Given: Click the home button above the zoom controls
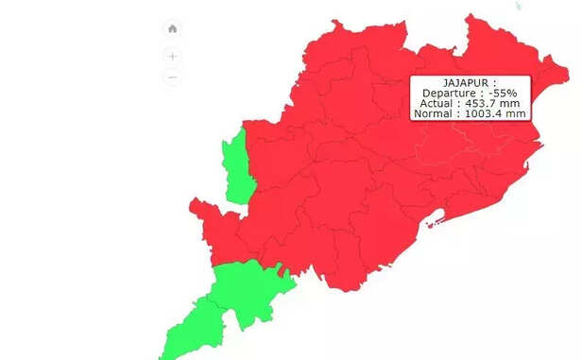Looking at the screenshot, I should pyautogui.click(x=172, y=28).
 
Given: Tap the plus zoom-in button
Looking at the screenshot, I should pyautogui.click(x=172, y=56).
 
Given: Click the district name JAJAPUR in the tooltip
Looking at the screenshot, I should pyautogui.click(x=467, y=83).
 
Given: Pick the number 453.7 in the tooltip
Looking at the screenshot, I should pyautogui.click(x=487, y=103).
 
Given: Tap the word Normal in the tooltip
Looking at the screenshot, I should pyautogui.click(x=434, y=113).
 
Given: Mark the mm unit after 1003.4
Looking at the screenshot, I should pyautogui.click(x=516, y=113).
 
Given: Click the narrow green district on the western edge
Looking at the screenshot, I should pyautogui.click(x=235, y=168).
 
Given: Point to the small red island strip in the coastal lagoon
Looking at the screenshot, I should pyautogui.click(x=436, y=222).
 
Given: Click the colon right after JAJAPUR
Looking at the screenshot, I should pyautogui.click(x=494, y=83).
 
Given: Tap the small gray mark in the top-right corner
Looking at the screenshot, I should pyautogui.click(x=518, y=6).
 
